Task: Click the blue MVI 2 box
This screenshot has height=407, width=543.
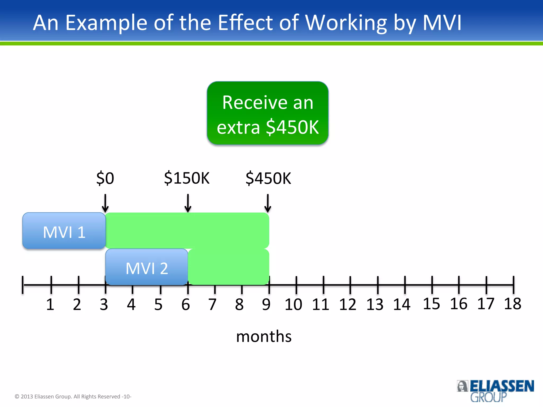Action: (147, 267)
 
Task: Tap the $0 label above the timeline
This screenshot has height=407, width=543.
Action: (105, 178)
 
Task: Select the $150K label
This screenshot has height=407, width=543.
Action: (187, 178)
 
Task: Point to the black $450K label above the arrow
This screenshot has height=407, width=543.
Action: (268, 178)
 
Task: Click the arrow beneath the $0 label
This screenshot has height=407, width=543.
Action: (105, 203)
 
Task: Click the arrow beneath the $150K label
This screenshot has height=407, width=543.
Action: (188, 203)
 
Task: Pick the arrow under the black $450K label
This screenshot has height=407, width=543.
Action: (268, 203)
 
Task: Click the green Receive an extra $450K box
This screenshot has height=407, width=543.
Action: (268, 113)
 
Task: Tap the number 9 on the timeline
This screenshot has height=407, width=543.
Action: (266, 304)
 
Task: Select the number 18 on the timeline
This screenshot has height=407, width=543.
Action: (513, 304)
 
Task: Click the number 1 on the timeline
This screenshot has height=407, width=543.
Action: (50, 304)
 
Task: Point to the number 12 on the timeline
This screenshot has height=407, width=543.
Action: (348, 304)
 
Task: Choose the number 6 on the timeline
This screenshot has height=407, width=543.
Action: (186, 304)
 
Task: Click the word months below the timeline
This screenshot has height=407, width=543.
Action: (264, 337)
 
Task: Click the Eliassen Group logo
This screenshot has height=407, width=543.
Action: (495, 391)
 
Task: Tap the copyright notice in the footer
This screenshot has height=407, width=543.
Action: (73, 396)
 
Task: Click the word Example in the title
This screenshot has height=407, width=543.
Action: (106, 23)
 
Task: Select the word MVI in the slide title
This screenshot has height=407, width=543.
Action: (442, 23)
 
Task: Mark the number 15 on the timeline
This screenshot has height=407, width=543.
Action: (431, 304)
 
